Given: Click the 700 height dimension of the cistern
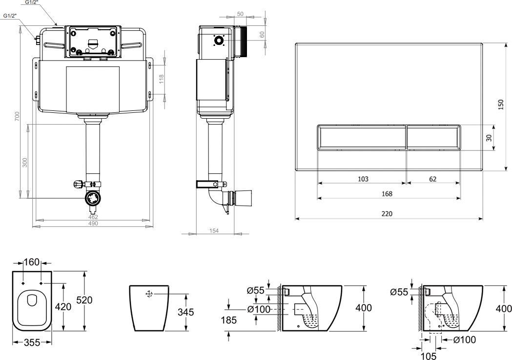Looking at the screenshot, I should pos(17,116).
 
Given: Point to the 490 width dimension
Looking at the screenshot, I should pos(93,223).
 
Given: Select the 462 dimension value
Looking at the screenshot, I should pos(93,216).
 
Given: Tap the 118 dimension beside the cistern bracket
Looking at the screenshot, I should pos(161,78).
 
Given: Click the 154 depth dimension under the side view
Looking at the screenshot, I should pos(214,231).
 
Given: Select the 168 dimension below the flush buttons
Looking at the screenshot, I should pos(387,193).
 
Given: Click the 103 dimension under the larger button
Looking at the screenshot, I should pos(363,179).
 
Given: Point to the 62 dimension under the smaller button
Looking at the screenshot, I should pos(432,179).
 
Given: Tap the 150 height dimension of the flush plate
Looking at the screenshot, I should pos(501,105).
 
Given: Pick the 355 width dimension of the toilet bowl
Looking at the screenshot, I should pos(32,342).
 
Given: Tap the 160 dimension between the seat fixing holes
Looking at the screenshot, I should pos(32,262).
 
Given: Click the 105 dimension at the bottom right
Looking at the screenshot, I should pos(430,356).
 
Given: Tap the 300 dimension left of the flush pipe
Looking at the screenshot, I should pos(25,162).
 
